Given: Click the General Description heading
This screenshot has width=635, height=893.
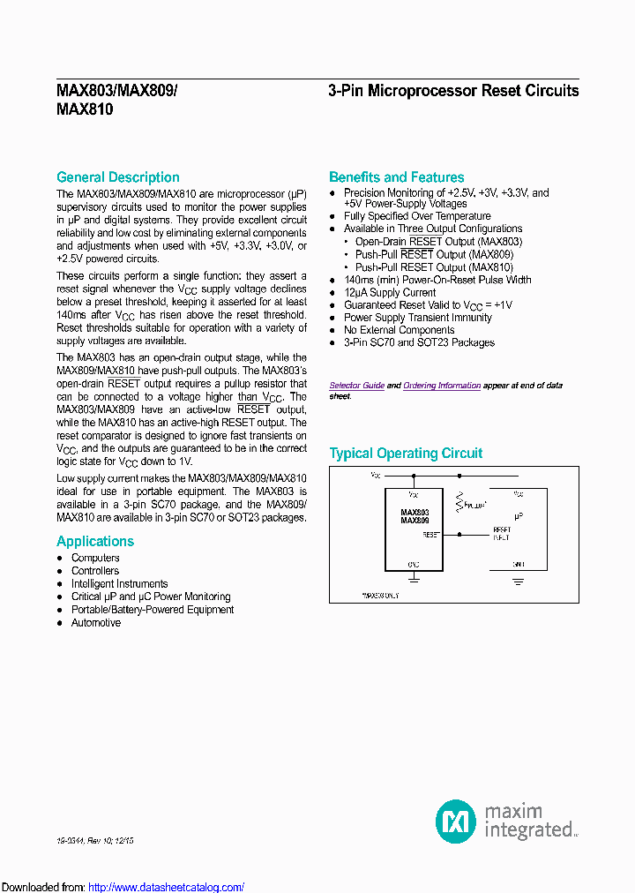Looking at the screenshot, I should click(117, 177).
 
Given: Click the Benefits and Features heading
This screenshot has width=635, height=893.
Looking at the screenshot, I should click(396, 177).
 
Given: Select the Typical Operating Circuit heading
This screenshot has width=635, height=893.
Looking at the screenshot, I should click(406, 454).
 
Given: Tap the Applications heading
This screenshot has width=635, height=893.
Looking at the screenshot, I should click(95, 542).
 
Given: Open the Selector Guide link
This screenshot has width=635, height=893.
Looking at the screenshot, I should click(356, 386).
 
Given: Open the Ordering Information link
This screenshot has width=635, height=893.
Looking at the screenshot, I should click(442, 386).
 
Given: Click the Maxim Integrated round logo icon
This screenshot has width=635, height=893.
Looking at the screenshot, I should click(456, 821).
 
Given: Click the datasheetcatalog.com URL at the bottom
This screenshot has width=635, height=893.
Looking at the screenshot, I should click(167, 887).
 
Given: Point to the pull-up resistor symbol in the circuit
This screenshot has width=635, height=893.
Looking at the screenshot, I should click(459, 503).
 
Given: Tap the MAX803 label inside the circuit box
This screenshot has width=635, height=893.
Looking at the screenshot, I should click(415, 513).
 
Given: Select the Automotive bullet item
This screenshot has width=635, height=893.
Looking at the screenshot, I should click(96, 623).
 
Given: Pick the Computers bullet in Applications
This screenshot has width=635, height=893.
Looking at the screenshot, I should click(95, 558).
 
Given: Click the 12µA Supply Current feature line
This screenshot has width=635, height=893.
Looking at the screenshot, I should click(390, 292).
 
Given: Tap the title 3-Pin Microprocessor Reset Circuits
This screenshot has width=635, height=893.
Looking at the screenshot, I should click(453, 91).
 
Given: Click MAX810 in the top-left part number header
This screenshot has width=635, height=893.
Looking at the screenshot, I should click(85, 110).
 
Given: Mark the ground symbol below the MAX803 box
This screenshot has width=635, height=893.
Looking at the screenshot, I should click(414, 579).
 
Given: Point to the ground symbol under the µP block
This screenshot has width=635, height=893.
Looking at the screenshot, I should click(518, 581).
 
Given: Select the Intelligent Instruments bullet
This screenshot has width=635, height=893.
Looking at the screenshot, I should click(119, 583).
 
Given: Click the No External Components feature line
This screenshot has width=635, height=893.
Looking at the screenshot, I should click(399, 330).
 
